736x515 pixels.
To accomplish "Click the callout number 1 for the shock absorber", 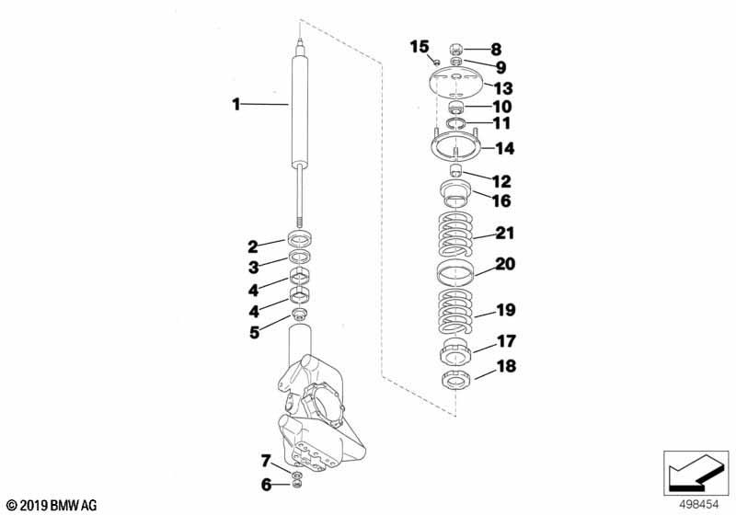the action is [236, 104].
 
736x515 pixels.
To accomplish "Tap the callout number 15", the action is [420, 47].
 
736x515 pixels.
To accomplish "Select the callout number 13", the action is [503, 88].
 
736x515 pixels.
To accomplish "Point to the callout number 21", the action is [505, 233].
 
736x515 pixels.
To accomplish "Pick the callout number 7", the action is [266, 462].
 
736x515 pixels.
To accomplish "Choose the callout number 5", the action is [254, 333].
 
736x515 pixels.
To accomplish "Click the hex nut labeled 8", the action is [456, 49].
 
